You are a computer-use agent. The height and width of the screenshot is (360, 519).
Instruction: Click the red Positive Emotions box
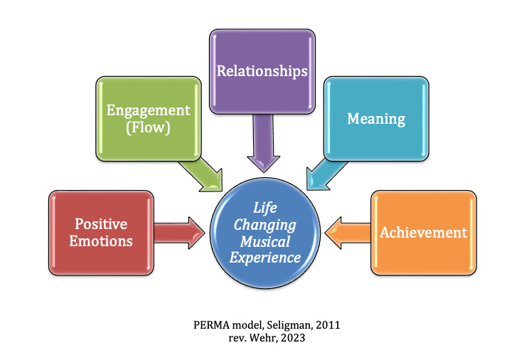101,232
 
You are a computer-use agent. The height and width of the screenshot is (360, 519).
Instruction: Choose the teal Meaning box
376,118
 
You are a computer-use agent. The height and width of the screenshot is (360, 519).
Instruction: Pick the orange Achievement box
423,233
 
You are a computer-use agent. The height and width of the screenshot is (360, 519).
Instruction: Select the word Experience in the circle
266,258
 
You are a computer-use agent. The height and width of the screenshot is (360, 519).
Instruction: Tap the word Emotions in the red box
101,240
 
